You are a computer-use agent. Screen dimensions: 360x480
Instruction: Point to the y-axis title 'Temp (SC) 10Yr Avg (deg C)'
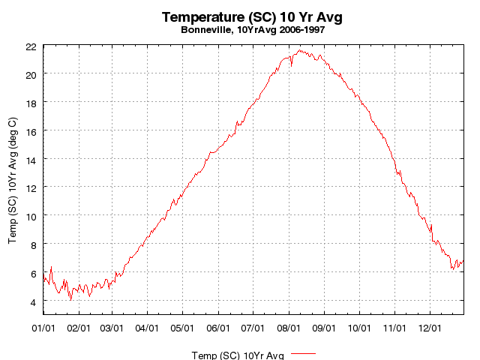[13, 180]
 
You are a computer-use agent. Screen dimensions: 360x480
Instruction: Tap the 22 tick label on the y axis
[30, 46]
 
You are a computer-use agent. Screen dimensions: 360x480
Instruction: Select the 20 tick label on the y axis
[30, 74]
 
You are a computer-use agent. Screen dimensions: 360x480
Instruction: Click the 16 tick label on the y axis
[30, 130]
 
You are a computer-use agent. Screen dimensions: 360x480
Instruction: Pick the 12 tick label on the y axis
[30, 187]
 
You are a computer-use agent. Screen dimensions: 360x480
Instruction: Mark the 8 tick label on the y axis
[33, 244]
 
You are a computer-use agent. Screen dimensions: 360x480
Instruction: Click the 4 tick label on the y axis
[33, 301]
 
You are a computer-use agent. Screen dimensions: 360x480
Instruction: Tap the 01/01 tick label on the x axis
[44, 328]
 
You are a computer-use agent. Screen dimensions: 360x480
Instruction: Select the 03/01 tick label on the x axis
[112, 328]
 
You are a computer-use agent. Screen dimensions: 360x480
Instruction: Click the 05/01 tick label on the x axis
[183, 328]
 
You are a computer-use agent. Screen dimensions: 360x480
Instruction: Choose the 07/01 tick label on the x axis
[253, 328]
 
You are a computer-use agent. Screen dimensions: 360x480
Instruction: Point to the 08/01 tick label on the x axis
[289, 328]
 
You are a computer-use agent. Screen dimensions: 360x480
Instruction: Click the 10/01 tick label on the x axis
[360, 328]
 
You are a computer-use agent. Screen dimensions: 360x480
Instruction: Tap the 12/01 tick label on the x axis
[430, 328]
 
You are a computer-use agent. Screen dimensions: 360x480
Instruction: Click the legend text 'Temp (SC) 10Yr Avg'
[238, 355]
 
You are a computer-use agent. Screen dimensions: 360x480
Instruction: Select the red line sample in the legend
[303, 352]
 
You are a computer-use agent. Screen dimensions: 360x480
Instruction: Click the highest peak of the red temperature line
[299, 50]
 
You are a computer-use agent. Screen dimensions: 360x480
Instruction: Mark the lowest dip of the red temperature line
[71, 300]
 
